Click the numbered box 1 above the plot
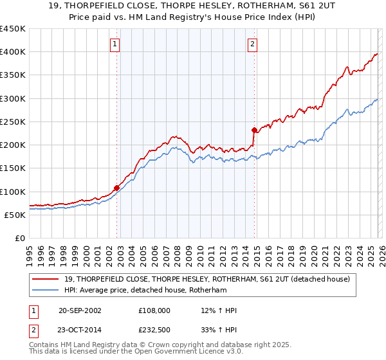pos(115,44)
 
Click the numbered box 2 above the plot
pos(252,44)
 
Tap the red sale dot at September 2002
pos(117,188)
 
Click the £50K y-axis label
pos(15,215)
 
